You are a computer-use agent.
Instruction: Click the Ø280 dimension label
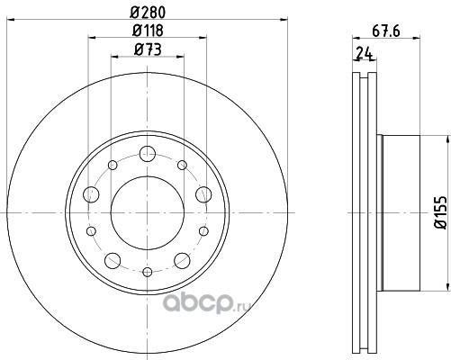[x=148, y=13]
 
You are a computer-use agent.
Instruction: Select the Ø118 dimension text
[x=148, y=31]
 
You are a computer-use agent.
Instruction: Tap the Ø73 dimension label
[x=148, y=49]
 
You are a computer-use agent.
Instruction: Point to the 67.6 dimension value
[x=386, y=31]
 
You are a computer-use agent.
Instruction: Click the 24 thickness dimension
[x=364, y=53]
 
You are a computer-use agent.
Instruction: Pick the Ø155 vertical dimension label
[x=442, y=212]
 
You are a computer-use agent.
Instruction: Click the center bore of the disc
[x=148, y=212]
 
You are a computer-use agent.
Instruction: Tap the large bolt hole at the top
[x=148, y=154]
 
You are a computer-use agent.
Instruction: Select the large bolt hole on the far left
[x=91, y=194]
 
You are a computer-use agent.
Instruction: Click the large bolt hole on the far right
[x=203, y=194]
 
